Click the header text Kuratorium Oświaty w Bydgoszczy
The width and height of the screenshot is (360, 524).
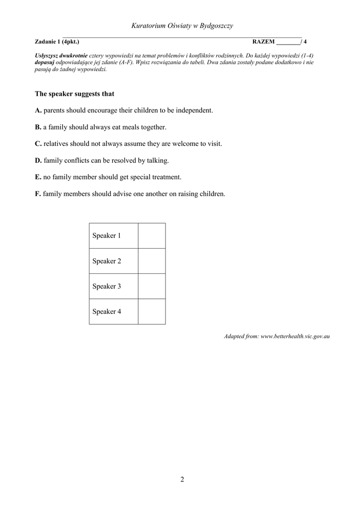182,26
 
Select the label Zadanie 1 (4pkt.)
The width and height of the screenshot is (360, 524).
57,42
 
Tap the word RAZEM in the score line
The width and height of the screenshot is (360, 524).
264,42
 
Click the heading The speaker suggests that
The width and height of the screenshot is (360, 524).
74,94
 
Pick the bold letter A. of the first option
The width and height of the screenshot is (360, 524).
38,111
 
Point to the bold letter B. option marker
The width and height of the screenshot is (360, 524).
38,127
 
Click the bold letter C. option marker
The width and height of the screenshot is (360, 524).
38,144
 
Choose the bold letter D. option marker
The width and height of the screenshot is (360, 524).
38,161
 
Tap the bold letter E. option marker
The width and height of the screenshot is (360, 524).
38,177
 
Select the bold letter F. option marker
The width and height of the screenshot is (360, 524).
38,194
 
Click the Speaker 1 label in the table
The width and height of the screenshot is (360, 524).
107,236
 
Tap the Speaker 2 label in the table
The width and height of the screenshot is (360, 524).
107,261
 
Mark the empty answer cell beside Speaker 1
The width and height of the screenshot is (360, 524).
152,236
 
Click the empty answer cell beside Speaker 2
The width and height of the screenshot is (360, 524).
152,261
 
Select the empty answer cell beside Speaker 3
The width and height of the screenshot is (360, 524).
152,286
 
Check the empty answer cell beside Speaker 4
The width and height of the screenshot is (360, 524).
152,311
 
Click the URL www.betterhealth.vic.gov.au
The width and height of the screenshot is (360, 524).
295,336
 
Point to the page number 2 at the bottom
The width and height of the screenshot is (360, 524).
182,479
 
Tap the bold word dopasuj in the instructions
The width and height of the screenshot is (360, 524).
45,62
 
